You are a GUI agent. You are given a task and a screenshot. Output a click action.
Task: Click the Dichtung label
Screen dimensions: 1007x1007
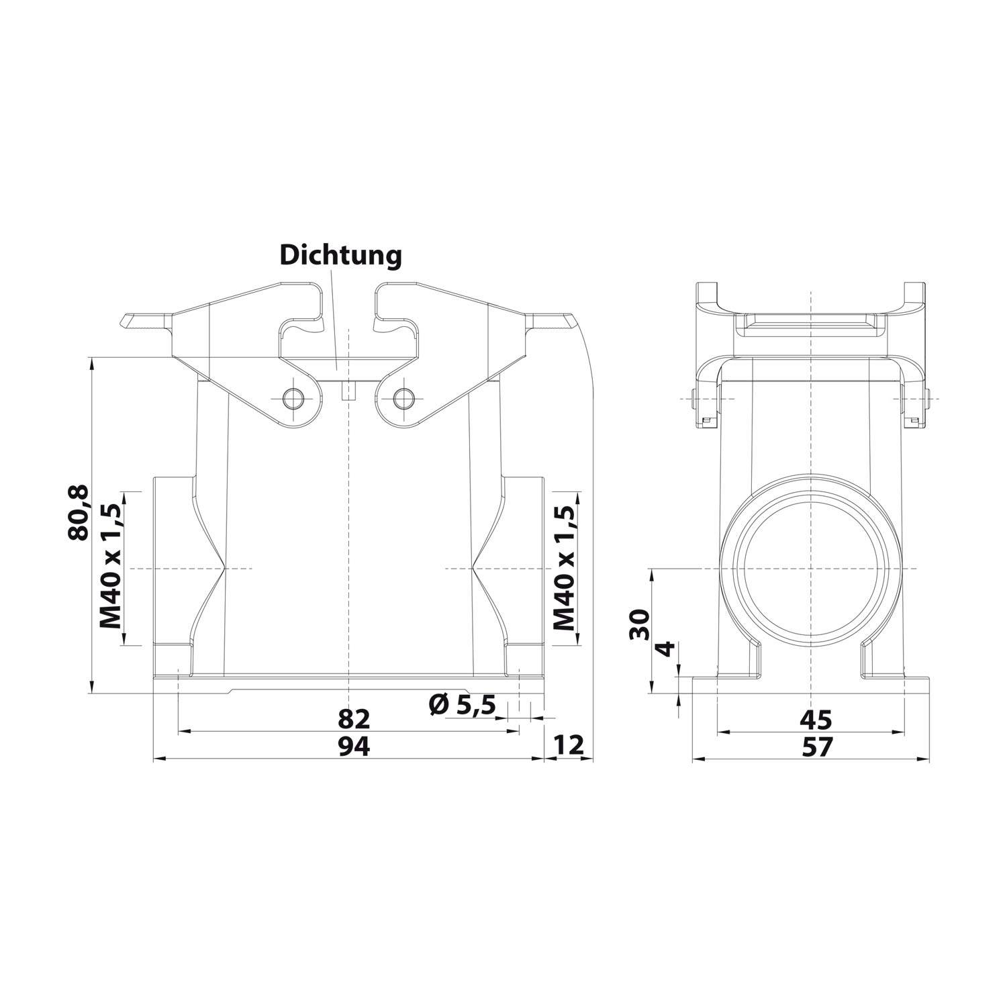(x=340, y=256)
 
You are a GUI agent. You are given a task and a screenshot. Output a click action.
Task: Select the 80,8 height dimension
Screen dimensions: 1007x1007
(x=78, y=513)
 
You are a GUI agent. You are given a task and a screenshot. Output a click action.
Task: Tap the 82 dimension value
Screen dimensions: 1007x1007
(x=354, y=719)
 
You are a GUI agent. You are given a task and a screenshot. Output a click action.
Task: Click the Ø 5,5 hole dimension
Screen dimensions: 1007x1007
(x=462, y=704)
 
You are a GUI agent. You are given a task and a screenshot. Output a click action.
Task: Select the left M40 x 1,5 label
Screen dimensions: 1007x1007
(x=111, y=568)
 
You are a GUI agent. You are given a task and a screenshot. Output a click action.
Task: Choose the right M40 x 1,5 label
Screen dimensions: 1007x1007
(x=565, y=568)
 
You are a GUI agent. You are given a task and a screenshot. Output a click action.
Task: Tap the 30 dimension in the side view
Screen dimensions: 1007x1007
(x=642, y=626)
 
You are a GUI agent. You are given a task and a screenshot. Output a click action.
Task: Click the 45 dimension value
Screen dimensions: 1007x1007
(x=816, y=719)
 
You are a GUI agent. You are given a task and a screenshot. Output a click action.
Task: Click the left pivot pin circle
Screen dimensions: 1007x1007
(x=293, y=398)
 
